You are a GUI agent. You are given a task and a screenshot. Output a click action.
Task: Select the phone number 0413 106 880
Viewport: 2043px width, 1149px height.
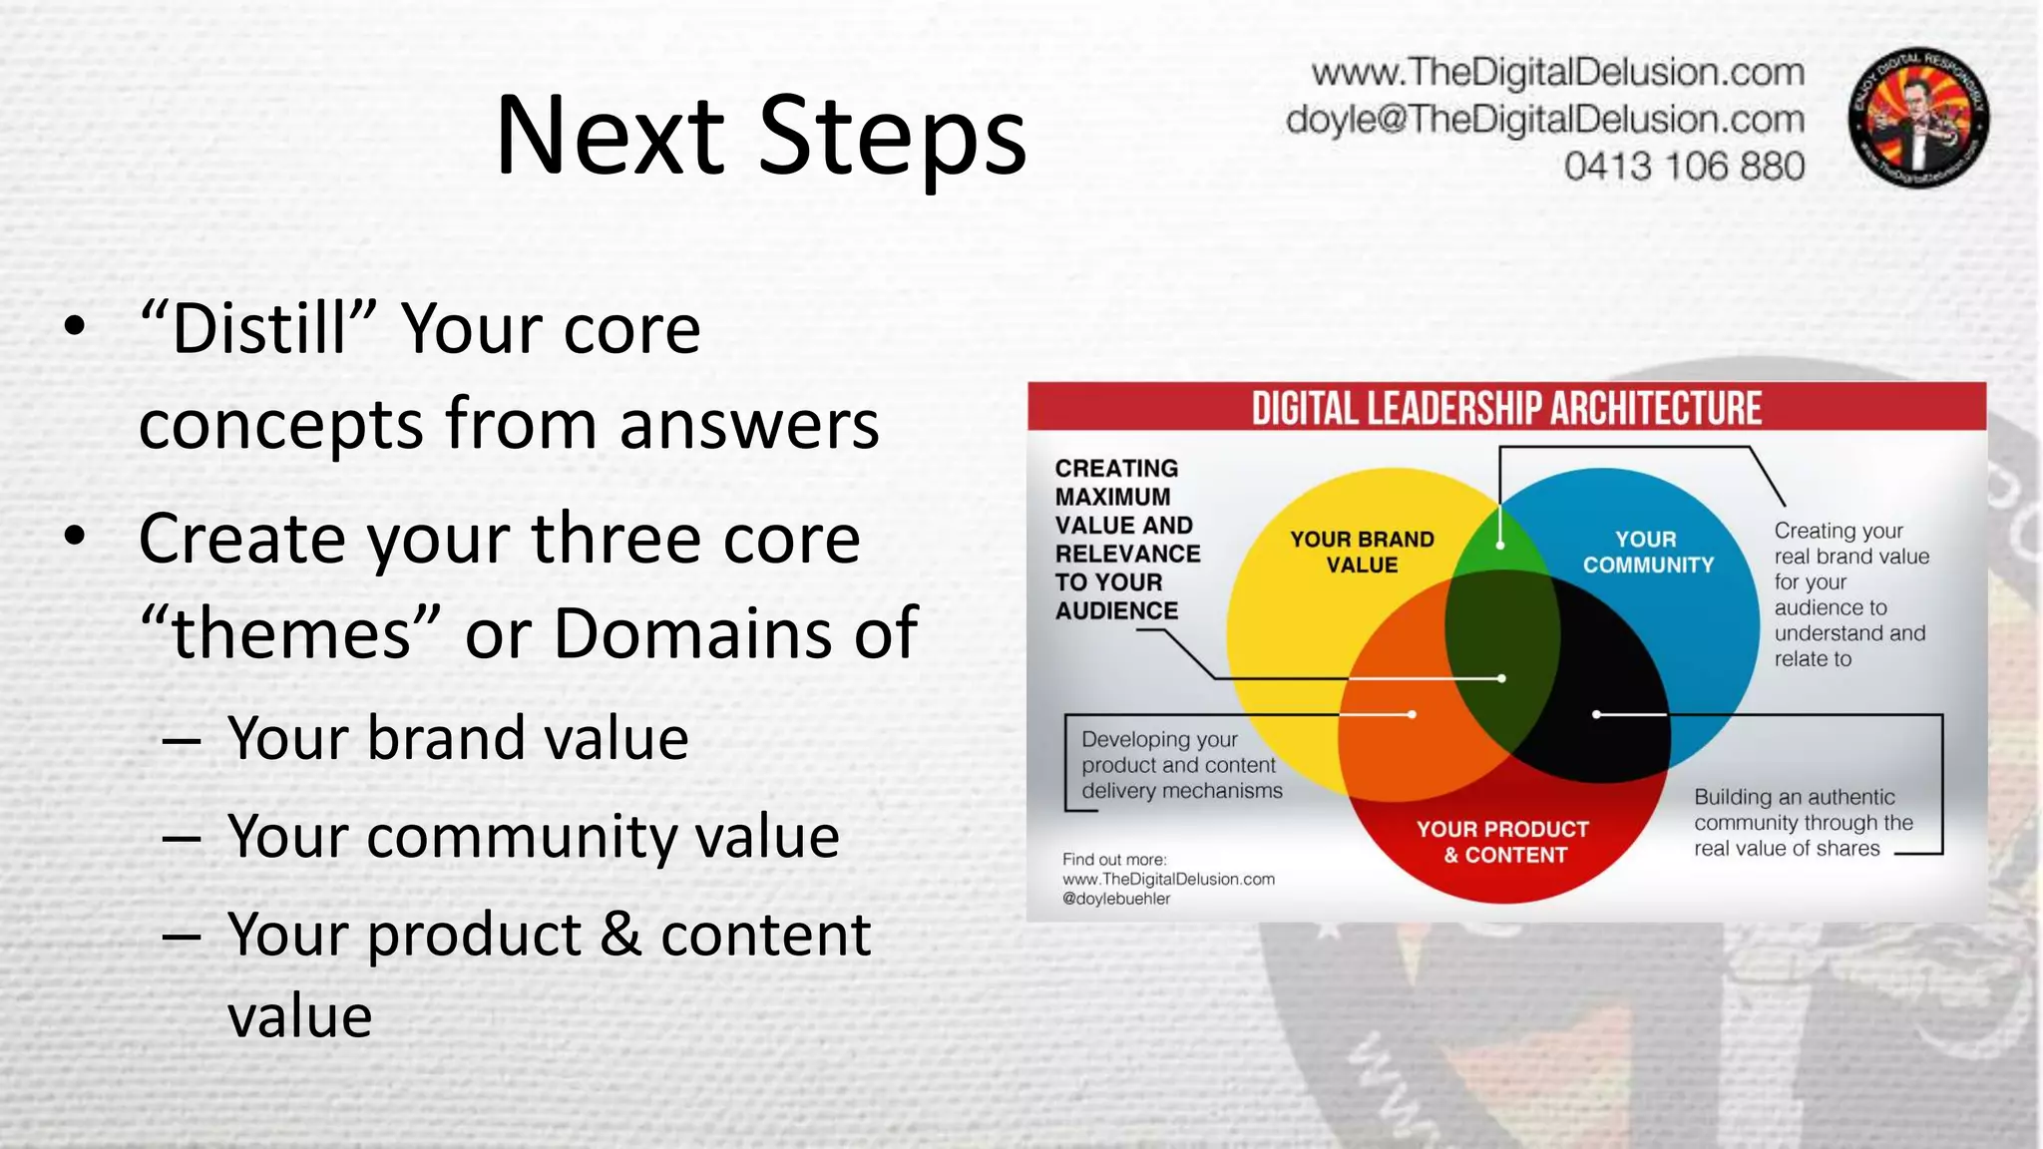(1684, 166)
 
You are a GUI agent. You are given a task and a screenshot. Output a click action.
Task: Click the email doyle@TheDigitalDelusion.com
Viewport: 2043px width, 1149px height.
(1544, 119)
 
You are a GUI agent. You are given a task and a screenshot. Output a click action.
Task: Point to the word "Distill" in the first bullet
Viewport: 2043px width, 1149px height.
(258, 328)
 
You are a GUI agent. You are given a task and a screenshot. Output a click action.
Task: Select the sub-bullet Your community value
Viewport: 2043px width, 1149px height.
(533, 836)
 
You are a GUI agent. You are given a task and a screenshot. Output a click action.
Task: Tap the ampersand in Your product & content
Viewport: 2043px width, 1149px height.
(620, 935)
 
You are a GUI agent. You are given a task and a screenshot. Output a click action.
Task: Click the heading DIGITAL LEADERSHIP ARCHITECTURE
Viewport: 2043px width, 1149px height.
(1506, 409)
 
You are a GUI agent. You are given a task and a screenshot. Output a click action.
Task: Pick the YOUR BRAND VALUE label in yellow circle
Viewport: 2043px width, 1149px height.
(1362, 552)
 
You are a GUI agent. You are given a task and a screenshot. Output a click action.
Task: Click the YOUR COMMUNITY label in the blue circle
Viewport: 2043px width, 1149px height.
(1647, 552)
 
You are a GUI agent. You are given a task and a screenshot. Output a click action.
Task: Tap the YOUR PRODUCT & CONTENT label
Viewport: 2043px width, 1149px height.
(1503, 841)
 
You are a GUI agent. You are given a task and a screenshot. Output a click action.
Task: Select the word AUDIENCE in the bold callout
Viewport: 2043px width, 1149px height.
(1116, 610)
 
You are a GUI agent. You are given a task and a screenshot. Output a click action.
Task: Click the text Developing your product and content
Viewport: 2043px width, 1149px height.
(1177, 753)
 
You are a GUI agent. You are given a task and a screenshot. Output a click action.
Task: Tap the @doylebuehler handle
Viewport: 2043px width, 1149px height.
(1116, 899)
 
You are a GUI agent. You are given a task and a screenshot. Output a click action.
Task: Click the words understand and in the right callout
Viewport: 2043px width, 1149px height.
(1849, 633)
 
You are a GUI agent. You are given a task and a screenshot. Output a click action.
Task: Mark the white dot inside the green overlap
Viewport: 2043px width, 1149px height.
(1500, 546)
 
